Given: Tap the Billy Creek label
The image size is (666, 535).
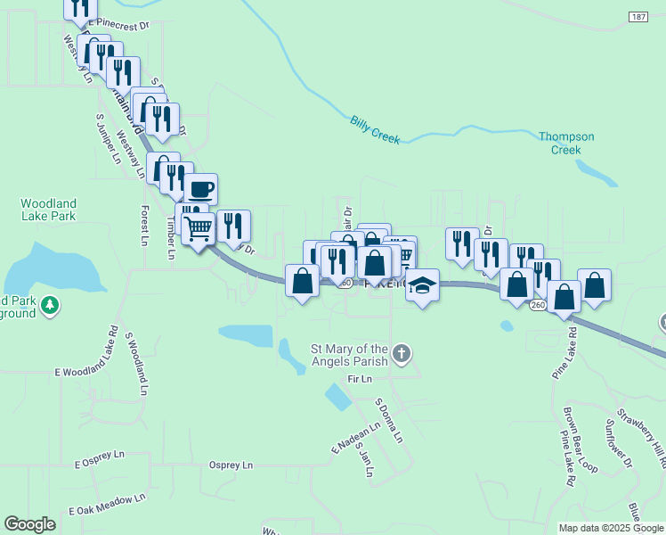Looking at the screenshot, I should click(375, 129).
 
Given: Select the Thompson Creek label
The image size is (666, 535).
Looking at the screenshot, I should click(566, 143).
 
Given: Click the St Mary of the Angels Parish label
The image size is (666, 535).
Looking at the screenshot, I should click(348, 355).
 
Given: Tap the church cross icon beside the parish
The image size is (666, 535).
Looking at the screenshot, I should click(402, 355).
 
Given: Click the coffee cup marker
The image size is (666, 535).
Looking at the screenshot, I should click(201, 189).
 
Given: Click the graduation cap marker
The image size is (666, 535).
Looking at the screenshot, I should click(423, 285).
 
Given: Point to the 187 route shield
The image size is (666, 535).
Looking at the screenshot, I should click(638, 17).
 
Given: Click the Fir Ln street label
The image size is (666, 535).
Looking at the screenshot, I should click(359, 379).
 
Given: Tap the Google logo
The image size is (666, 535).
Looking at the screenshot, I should click(29, 524).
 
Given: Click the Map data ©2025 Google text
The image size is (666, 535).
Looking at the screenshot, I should click(611, 528).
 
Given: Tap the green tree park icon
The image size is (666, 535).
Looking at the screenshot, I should click(53, 306).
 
